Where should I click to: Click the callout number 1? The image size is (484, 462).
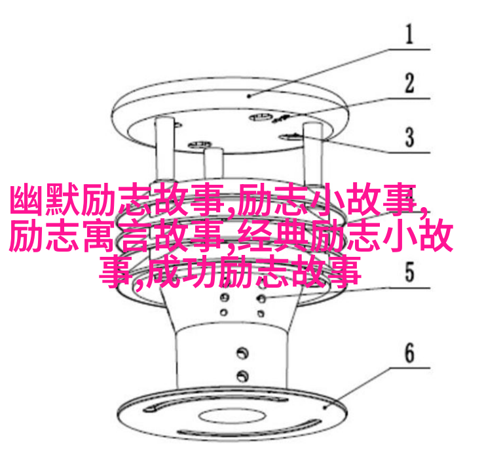[409, 34]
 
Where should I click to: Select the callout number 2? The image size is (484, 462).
[409, 83]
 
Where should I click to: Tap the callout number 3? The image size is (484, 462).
[409, 137]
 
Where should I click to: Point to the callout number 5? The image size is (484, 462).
[409, 272]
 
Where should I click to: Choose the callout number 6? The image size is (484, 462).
[409, 353]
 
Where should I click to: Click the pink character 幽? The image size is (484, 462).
[27, 199]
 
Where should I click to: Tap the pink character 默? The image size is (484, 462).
[63, 199]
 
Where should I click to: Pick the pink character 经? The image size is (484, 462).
[255, 235]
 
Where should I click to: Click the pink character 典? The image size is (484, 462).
[291, 235]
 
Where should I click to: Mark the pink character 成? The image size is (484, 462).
[164, 272]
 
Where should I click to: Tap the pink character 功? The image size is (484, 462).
[199, 272]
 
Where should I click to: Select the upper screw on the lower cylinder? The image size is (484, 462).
[242, 353]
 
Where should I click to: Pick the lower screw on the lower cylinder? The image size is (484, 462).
[242, 375]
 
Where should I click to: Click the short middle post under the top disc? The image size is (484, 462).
[213, 164]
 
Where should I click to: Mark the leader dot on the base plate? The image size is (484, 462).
[325, 408]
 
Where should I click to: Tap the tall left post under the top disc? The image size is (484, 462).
[165, 148]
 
